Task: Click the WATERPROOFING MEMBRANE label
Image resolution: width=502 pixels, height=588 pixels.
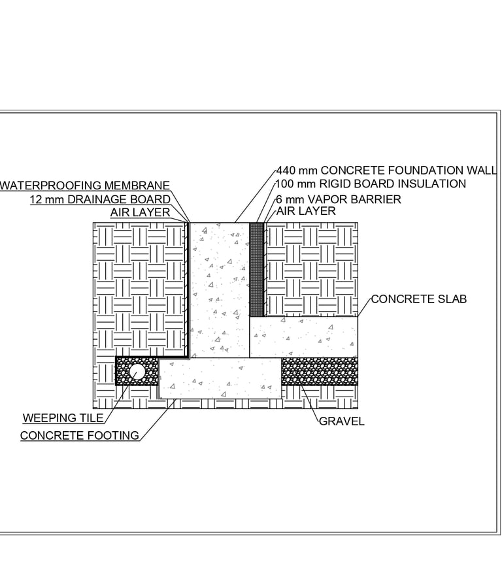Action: [x=85, y=186]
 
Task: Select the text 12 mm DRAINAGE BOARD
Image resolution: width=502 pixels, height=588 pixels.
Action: [x=100, y=199]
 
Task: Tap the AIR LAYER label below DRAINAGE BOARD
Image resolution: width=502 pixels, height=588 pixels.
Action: [x=140, y=212]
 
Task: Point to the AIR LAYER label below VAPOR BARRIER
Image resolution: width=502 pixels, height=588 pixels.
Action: [x=306, y=211]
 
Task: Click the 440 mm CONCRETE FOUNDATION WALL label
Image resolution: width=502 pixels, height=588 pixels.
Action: [x=386, y=171]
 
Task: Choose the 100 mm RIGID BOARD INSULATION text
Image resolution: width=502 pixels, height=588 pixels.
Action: [x=371, y=184]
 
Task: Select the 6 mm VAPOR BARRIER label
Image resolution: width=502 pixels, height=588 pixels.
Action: [x=339, y=199]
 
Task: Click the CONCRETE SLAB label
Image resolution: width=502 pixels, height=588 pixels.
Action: [x=419, y=299]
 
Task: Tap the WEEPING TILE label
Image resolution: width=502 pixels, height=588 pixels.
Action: [x=63, y=418]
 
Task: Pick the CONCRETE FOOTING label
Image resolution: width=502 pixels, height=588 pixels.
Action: [x=80, y=435]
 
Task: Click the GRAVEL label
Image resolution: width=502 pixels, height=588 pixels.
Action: [x=341, y=421]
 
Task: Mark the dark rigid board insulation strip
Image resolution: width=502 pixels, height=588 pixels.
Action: [x=256, y=268]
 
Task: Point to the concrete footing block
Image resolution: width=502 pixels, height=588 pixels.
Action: [x=220, y=378]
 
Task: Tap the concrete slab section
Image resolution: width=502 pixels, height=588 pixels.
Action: [x=303, y=336]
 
